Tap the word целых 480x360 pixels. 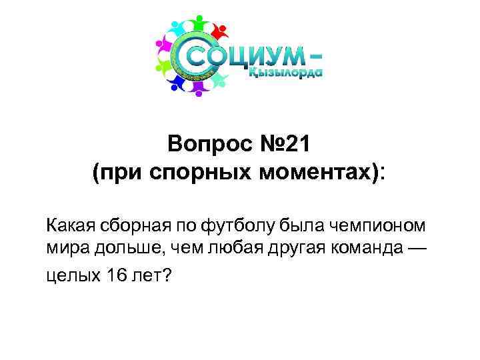click(x=71, y=275)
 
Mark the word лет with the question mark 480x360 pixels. click(x=149, y=275)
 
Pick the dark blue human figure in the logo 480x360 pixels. click(x=175, y=84)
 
